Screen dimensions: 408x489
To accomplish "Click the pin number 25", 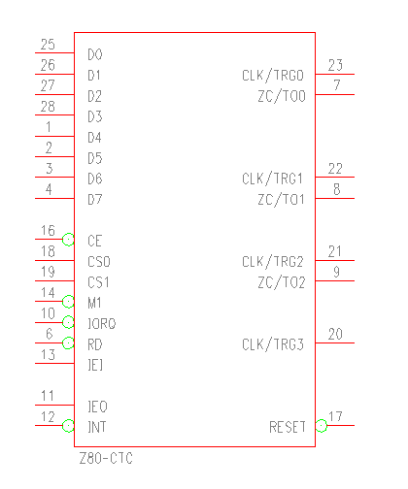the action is pos(48,45).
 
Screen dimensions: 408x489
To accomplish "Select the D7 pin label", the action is pos(95,199).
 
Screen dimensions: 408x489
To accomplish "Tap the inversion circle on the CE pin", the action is pos(68,240).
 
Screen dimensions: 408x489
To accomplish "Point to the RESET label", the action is pos(288,427).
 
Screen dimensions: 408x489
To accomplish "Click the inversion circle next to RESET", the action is pos(322,426).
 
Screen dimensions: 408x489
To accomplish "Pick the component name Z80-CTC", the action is pos(106,458).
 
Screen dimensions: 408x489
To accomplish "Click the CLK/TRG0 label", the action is pos(273,76).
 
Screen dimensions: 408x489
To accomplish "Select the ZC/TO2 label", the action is pos(282,282).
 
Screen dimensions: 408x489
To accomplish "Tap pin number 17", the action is pos(335,416).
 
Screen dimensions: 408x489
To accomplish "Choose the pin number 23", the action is pos(335,65).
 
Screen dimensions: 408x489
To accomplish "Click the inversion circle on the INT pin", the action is pos(68,426).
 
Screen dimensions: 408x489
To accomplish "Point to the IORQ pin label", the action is pos(102,323).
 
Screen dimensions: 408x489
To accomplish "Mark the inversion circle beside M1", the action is pos(68,302).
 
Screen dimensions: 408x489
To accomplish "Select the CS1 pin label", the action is pos(98,282).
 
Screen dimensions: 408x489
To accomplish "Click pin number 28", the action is pos(48,107).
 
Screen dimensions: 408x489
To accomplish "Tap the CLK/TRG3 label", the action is pos(273,344).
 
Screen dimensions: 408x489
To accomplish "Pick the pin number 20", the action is pos(335,334).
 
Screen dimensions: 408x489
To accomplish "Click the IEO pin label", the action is pos(97,407).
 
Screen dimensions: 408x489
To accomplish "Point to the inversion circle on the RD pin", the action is pos(68,342).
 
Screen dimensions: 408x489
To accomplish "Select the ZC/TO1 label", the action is pos(281,200).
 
